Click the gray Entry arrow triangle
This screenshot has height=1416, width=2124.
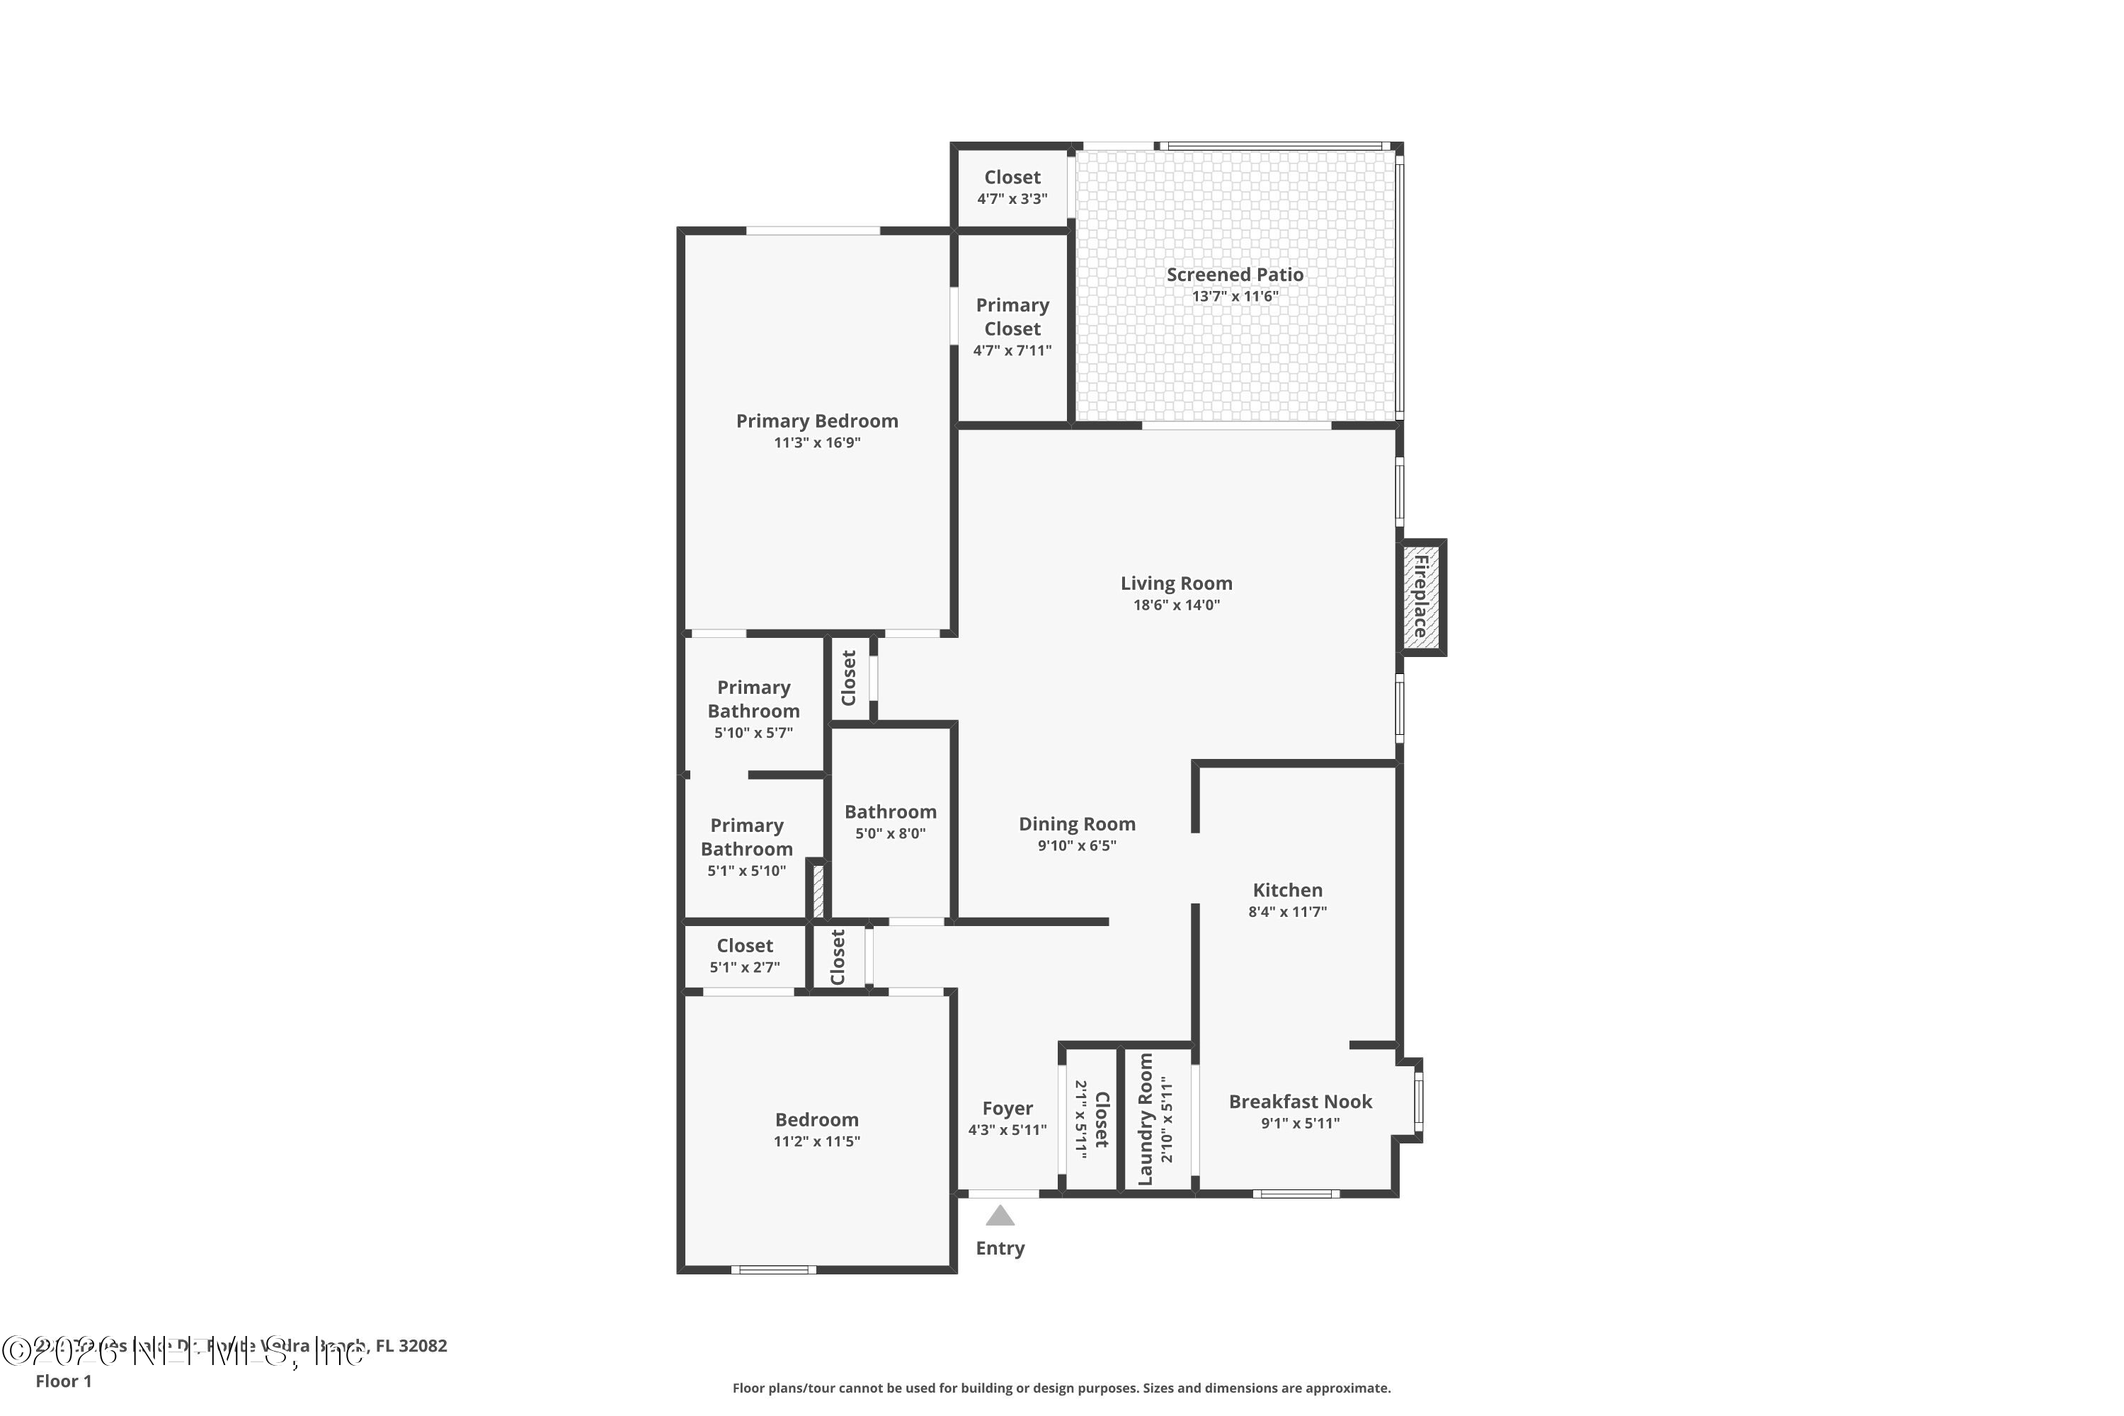click(1000, 1216)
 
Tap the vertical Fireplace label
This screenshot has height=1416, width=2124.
click(1420, 597)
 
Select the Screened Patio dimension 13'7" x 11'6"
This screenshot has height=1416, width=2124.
click(1235, 296)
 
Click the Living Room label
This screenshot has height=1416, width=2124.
click(1176, 583)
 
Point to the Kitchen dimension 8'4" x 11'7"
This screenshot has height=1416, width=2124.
click(1287, 912)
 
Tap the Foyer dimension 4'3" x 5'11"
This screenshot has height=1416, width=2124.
click(1007, 1130)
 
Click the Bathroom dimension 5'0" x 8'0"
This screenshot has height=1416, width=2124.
click(891, 833)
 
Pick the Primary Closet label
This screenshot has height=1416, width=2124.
click(1012, 317)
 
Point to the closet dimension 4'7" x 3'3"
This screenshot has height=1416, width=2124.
click(1012, 199)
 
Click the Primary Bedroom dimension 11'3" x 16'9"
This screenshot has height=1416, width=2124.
click(816, 442)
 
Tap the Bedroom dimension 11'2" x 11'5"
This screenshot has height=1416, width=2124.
click(816, 1141)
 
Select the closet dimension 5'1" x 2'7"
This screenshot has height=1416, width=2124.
click(744, 967)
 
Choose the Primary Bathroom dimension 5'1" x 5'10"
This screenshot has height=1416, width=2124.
click(746, 871)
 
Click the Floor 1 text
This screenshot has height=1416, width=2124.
click(63, 1381)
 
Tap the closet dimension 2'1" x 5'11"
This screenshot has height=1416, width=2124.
click(1080, 1120)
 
